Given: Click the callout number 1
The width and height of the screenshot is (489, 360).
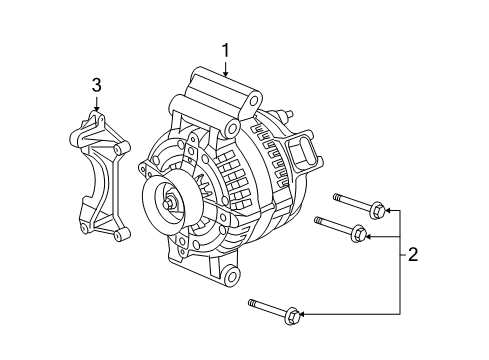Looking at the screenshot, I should [x=226, y=49].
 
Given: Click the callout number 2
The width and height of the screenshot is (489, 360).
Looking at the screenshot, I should [x=413, y=256].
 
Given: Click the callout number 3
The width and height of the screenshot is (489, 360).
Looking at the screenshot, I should [x=97, y=86].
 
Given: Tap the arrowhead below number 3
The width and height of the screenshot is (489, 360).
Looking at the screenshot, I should [x=97, y=111].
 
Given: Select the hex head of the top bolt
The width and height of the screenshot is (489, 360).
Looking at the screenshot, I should [x=377, y=210].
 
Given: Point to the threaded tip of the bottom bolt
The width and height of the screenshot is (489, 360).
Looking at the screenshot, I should [x=249, y=301].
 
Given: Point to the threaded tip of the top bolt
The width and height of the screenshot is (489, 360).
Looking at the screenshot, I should [x=337, y=197].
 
